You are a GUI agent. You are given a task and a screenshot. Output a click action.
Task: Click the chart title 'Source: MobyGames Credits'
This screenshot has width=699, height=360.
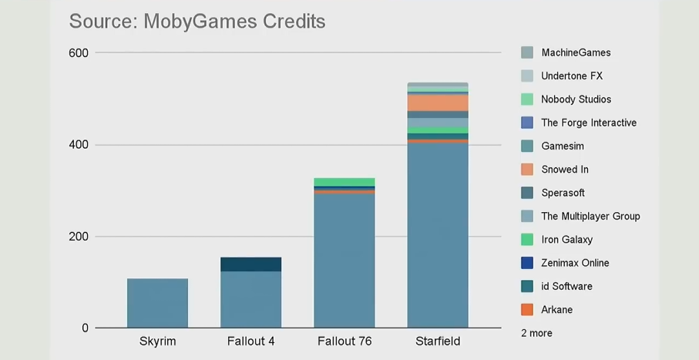point(197,21)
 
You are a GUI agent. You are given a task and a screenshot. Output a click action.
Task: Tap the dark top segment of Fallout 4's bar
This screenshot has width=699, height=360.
point(250,264)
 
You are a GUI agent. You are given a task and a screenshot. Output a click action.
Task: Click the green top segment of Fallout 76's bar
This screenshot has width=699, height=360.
point(344,182)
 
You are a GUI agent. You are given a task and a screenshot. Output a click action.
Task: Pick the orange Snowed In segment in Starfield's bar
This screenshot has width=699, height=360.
point(437,102)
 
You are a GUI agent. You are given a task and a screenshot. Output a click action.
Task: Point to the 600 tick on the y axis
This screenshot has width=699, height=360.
point(79,53)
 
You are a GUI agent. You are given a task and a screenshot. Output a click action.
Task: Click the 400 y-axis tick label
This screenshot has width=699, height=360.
point(79,145)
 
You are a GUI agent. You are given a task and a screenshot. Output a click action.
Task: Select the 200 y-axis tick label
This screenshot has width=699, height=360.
point(79,237)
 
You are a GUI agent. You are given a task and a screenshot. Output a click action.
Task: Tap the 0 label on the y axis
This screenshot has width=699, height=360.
point(84,328)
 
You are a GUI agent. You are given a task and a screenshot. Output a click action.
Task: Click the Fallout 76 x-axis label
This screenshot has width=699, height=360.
point(344,341)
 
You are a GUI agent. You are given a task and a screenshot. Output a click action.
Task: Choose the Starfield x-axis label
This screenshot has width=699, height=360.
point(437,341)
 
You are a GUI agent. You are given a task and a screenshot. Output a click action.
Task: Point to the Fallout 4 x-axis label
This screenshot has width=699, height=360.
point(250,341)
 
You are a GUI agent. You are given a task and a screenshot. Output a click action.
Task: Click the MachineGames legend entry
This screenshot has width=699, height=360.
point(576,52)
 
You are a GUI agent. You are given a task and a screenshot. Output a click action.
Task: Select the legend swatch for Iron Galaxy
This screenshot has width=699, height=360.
point(527,240)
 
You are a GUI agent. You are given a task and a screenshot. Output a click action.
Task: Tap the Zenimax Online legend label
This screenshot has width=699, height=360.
point(575,263)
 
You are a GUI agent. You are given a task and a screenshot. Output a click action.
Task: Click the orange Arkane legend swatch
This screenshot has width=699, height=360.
point(527,310)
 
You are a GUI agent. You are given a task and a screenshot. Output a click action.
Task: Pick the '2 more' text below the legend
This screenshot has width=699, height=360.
point(536,333)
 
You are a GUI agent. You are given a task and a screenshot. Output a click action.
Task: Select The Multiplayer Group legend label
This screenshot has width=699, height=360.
point(590,216)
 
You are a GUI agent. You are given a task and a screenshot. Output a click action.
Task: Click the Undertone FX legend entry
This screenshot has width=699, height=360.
point(572,76)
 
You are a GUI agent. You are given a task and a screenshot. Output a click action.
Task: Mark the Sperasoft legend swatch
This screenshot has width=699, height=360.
point(527,193)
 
